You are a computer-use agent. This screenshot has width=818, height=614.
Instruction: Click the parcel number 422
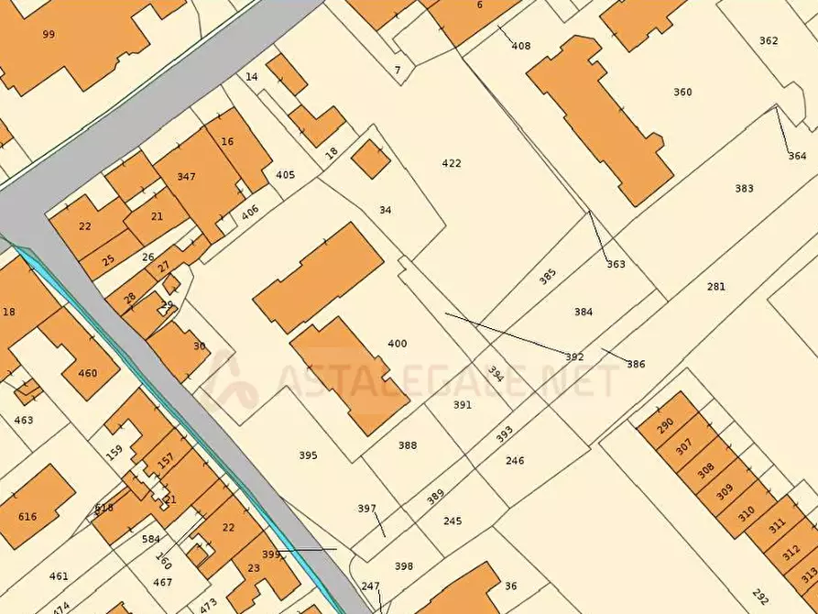452,163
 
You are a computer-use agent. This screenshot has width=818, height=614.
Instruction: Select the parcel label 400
398,344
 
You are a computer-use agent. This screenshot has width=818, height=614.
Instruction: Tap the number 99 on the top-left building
49,34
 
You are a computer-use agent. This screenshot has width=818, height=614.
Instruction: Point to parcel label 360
682,92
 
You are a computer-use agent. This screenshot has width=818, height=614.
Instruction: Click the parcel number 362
769,40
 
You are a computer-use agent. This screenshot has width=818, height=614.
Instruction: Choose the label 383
744,189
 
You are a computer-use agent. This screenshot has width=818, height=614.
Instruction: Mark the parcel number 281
716,287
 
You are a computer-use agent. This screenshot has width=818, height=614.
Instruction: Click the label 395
308,455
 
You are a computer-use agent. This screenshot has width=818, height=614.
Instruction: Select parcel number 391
463,404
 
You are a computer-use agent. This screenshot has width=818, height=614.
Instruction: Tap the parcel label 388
408,445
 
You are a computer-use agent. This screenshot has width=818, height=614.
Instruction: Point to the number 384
584,312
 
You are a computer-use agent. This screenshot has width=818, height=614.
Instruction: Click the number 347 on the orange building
187,176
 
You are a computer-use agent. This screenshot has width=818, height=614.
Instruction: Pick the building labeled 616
27,517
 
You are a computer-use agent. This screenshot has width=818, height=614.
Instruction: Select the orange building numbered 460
87,373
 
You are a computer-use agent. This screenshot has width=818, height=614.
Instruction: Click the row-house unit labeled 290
665,422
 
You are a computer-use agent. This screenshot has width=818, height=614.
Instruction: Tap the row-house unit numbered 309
725,491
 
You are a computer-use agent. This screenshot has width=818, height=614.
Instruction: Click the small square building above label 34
370,159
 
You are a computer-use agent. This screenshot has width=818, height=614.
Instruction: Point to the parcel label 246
515,460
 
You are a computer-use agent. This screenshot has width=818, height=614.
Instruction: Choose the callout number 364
797,156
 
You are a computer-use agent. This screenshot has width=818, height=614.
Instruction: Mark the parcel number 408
521,46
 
